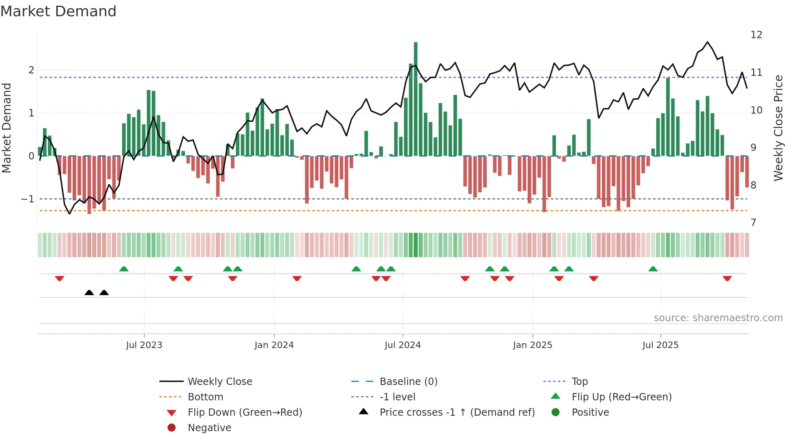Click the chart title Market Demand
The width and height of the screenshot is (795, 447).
click(x=58, y=11)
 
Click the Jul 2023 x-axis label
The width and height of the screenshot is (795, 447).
click(x=144, y=345)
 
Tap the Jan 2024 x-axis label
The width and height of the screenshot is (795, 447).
click(x=274, y=345)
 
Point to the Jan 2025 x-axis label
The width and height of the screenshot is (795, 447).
click(x=532, y=345)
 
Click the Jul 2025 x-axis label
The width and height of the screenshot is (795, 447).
click(x=660, y=345)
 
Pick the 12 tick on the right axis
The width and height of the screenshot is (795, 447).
click(x=756, y=35)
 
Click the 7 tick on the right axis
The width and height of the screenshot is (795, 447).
click(x=753, y=223)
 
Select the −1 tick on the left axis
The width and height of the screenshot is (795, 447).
click(x=28, y=199)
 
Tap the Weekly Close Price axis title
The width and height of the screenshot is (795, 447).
click(x=778, y=128)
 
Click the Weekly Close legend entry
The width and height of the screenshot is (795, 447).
click(x=219, y=382)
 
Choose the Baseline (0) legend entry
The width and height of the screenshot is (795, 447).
click(x=408, y=382)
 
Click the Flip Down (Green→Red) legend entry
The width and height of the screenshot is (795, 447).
click(x=245, y=413)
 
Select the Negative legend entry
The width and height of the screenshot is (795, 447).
click(x=209, y=428)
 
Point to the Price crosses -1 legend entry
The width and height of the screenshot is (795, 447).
click(x=457, y=413)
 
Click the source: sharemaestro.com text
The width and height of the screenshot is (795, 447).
click(x=718, y=318)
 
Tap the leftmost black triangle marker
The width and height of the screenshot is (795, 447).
click(x=89, y=292)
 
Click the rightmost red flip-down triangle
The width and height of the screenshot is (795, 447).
click(x=727, y=279)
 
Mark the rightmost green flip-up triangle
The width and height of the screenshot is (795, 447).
click(x=653, y=269)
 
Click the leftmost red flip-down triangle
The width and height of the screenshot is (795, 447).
click(x=60, y=279)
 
